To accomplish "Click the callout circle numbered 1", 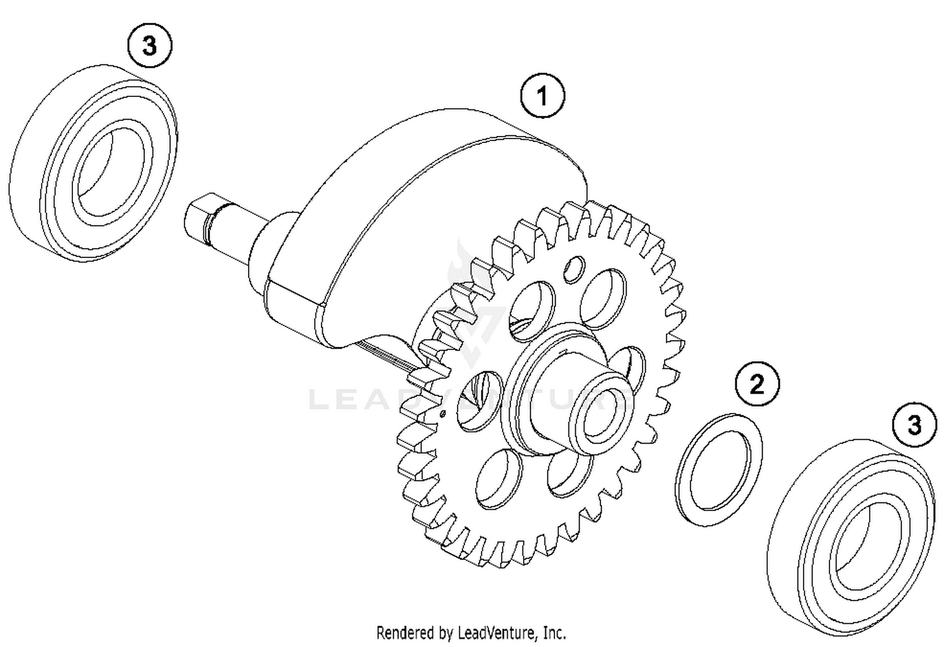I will (542, 96).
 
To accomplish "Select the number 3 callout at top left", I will (149, 45).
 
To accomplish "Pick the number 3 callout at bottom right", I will (914, 425).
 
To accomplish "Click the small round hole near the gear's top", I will (573, 269).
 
